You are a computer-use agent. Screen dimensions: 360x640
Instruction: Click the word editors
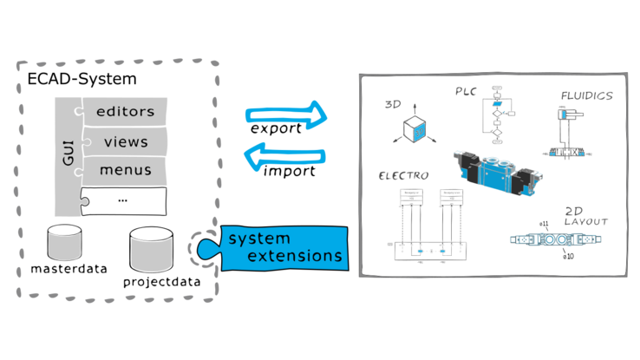pyautogui.click(x=125, y=111)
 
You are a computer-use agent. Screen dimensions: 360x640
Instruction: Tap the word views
pyautogui.click(x=126, y=141)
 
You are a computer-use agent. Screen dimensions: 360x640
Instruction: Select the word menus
pyautogui.click(x=126, y=170)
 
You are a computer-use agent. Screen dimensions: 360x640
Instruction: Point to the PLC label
pyautogui.click(x=465, y=91)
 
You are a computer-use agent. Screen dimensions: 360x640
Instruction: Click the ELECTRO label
pyautogui.click(x=402, y=175)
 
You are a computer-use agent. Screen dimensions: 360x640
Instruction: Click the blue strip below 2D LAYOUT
pyautogui.click(x=556, y=238)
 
